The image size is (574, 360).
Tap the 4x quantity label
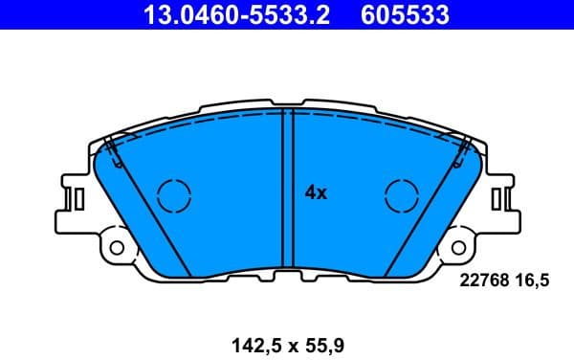tap(316, 192)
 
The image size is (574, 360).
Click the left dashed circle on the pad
tap(174, 196)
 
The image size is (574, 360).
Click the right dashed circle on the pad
tap(402, 196)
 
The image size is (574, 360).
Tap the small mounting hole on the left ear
tap(117, 248)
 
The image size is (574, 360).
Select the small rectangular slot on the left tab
tap(80, 198)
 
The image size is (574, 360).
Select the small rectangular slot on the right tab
tap(496, 198)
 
